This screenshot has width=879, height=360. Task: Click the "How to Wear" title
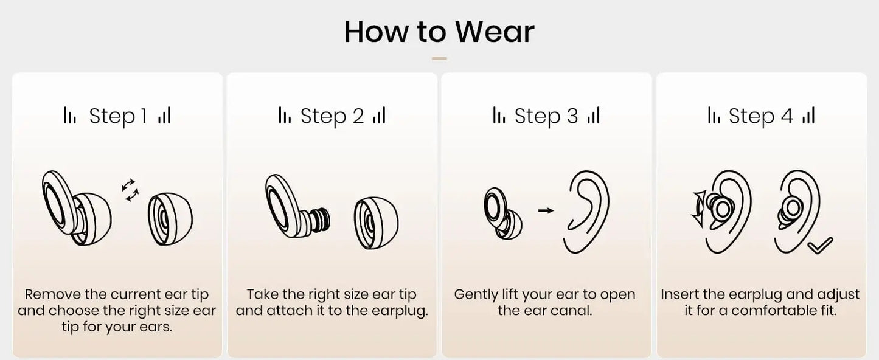pyautogui.click(x=439, y=32)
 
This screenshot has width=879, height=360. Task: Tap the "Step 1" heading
pyautogui.click(x=118, y=116)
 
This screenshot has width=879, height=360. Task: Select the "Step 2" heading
pyautogui.click(x=332, y=116)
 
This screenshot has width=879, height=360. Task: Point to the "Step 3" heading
pyautogui.click(x=546, y=116)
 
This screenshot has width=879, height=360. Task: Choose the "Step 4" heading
pyautogui.click(x=760, y=116)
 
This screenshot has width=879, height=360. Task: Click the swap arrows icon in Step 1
pyautogui.click(x=130, y=190)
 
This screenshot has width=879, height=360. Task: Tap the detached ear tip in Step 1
pyautogui.click(x=170, y=219)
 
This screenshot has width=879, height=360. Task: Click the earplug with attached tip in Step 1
pyautogui.click(x=77, y=208)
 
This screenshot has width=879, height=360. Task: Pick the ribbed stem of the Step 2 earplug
pyautogui.click(x=320, y=221)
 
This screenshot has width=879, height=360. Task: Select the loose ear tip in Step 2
pyautogui.click(x=376, y=223)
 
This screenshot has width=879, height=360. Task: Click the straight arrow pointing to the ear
pyautogui.click(x=546, y=210)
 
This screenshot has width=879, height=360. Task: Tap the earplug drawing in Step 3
pyautogui.click(x=503, y=213)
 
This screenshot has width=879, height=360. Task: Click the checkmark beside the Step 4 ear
pyautogui.click(x=820, y=246)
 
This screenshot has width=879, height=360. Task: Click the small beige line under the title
pyautogui.click(x=439, y=58)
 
